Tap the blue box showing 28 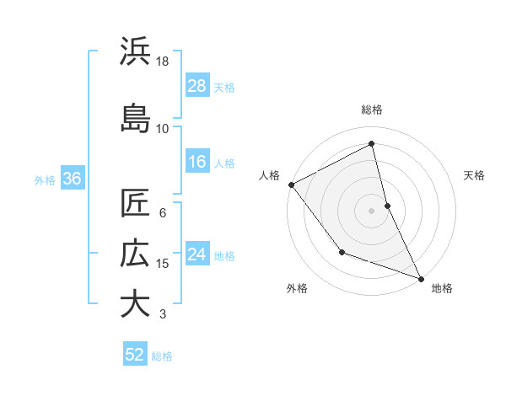coord(197,86)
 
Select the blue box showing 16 coord(197,162)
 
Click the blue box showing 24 coord(197,254)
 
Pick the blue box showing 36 coord(72,179)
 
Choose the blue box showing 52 coord(135,356)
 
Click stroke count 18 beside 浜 coord(163,62)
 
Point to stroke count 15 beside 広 coord(163,264)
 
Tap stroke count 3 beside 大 coord(163,314)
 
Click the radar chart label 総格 coord(372,110)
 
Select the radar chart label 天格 coord(475,175)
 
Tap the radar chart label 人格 coord(270,175)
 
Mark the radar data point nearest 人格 coord(291,185)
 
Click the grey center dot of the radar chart coord(372,210)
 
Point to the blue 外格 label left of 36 coord(45,179)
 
